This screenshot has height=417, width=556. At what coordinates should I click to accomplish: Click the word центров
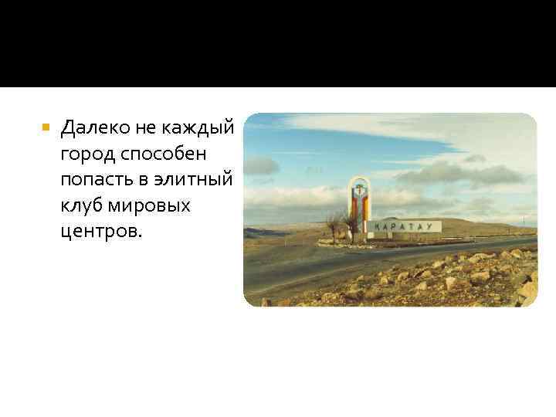click(98, 232)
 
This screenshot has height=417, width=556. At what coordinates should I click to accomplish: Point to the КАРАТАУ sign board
click(404, 226)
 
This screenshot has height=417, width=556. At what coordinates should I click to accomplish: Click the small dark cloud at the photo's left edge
click(260, 165)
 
